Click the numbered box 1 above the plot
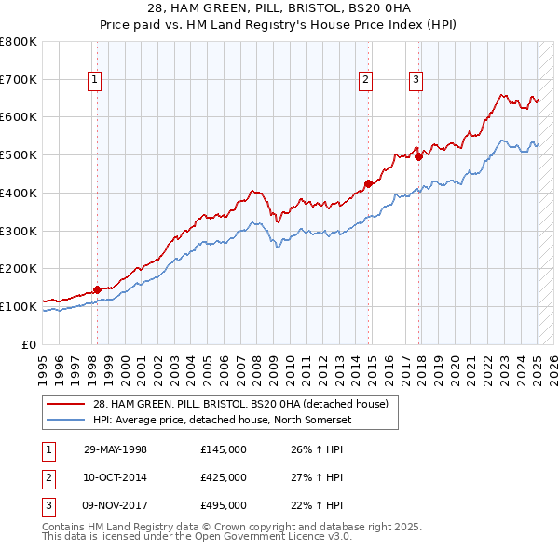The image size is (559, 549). click(x=96, y=81)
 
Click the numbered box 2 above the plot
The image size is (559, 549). click(x=366, y=81)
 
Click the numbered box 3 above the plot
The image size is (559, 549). click(x=416, y=81)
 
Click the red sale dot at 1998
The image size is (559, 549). click(x=97, y=289)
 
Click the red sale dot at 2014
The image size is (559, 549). click(x=368, y=183)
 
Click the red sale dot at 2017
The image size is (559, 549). click(x=418, y=156)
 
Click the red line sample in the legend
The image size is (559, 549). click(x=67, y=404)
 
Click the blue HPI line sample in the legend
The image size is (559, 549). click(x=67, y=420)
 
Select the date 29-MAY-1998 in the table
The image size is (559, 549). click(x=116, y=450)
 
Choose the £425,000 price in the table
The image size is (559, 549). click(x=224, y=477)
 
